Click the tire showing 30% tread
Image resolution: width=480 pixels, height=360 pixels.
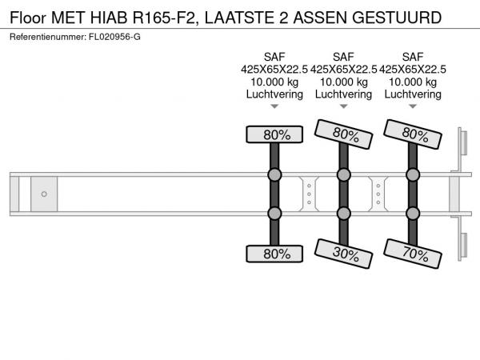click(x=343, y=254)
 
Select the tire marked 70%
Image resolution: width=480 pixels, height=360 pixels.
click(x=413, y=254)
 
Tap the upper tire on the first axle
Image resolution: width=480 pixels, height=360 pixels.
click(x=274, y=134)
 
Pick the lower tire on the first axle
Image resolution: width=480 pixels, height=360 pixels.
click(x=274, y=254)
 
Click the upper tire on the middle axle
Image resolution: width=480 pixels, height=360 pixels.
click(x=343, y=134)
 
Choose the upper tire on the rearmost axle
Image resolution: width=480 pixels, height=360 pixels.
click(x=413, y=134)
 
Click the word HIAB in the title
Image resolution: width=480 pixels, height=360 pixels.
click(x=109, y=18)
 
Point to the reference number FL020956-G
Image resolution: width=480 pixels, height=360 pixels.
click(x=114, y=37)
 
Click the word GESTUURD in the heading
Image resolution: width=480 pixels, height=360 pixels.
click(x=397, y=18)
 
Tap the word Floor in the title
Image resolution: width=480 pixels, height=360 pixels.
click(x=28, y=18)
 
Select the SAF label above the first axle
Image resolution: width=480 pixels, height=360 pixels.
click(x=274, y=57)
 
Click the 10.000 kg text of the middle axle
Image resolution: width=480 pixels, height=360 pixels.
click(x=344, y=82)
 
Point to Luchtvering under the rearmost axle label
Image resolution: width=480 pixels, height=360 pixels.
click(x=413, y=94)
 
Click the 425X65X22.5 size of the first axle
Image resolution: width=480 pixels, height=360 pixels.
click(x=274, y=70)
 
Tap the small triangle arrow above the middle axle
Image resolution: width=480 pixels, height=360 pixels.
click(x=344, y=106)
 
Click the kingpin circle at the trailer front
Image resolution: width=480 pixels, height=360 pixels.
click(x=44, y=194)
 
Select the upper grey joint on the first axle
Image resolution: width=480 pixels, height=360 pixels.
click(x=274, y=174)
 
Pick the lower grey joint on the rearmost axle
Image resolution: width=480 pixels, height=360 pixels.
click(x=413, y=214)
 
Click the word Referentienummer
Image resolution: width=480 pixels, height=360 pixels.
click(x=48, y=37)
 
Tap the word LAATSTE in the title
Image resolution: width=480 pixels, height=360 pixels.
click(x=239, y=18)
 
